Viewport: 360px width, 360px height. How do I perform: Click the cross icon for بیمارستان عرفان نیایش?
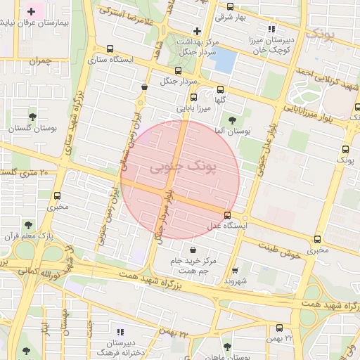31,12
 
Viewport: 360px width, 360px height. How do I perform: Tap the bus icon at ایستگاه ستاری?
109,49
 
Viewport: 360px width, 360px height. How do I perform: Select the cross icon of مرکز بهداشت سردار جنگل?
197,31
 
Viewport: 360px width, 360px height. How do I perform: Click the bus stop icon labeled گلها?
221,89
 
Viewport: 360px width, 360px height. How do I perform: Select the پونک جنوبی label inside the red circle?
181,167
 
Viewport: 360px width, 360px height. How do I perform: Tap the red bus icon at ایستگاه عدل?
226,215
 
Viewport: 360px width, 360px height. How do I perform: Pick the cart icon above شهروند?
235,270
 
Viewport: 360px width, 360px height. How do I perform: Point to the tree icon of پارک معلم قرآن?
28,225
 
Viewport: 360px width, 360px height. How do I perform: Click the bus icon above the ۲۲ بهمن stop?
279,328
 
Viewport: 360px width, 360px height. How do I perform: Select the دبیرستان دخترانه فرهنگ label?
120,347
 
